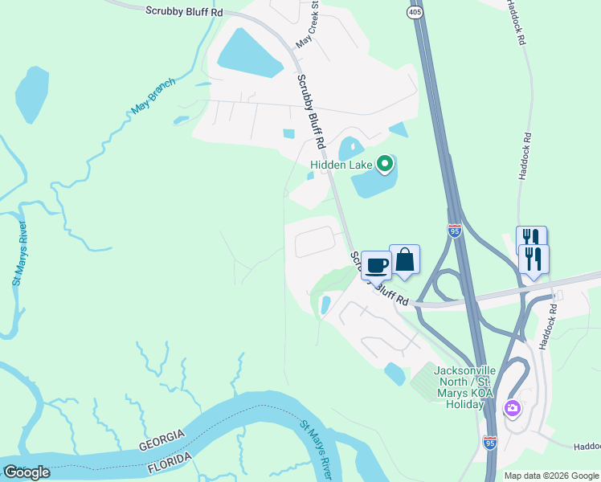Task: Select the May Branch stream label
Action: coord(153,96)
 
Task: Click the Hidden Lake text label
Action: coord(341,165)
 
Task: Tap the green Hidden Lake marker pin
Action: coord(385,165)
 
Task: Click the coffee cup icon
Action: coord(375,265)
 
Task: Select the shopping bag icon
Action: coord(404,259)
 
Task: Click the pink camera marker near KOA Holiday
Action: coord(512,409)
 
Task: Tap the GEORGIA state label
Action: coord(161,440)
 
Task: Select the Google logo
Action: coord(27,472)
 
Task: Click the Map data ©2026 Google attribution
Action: coord(551,476)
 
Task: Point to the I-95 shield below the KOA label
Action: coord(490,442)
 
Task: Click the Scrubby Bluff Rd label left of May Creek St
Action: coord(184,10)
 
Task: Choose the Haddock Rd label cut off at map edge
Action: coord(587,446)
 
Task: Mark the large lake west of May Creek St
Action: coord(247,52)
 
